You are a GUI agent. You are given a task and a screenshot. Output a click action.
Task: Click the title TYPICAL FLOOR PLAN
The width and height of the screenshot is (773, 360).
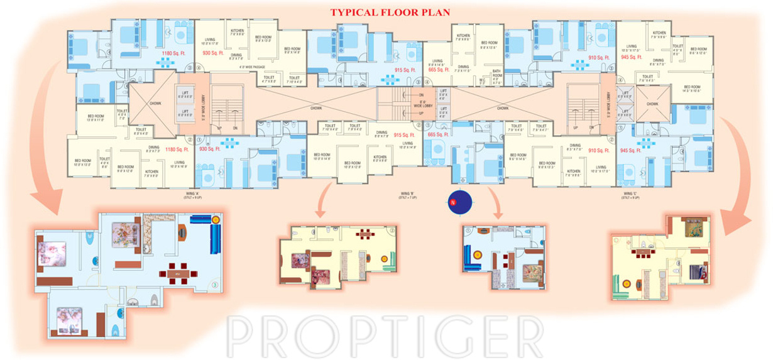click(x=390, y=12)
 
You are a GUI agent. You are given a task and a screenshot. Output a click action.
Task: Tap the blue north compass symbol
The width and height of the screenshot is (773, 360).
click(x=460, y=202)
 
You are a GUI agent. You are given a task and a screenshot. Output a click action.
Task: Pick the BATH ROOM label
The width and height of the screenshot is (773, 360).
click(x=496, y=74)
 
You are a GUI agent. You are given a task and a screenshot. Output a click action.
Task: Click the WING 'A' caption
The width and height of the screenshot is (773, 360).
click(x=192, y=195)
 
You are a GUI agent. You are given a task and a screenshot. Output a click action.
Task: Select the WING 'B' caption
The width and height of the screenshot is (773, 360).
click(x=407, y=195)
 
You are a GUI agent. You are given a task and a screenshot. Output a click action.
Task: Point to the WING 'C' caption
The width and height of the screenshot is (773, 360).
click(x=631, y=195)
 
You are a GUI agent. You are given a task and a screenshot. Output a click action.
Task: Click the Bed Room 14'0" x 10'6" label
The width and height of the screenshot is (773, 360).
click(x=692, y=89)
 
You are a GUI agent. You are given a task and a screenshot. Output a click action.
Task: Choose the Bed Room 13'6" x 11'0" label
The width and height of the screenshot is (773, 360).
click(x=96, y=117)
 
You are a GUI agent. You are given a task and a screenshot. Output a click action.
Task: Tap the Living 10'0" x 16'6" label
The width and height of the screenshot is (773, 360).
click(x=179, y=165)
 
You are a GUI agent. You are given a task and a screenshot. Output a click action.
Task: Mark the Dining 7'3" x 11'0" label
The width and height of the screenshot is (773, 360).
click(x=463, y=68)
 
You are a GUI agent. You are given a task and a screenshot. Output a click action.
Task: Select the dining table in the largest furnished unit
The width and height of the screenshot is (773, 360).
click(x=177, y=273)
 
